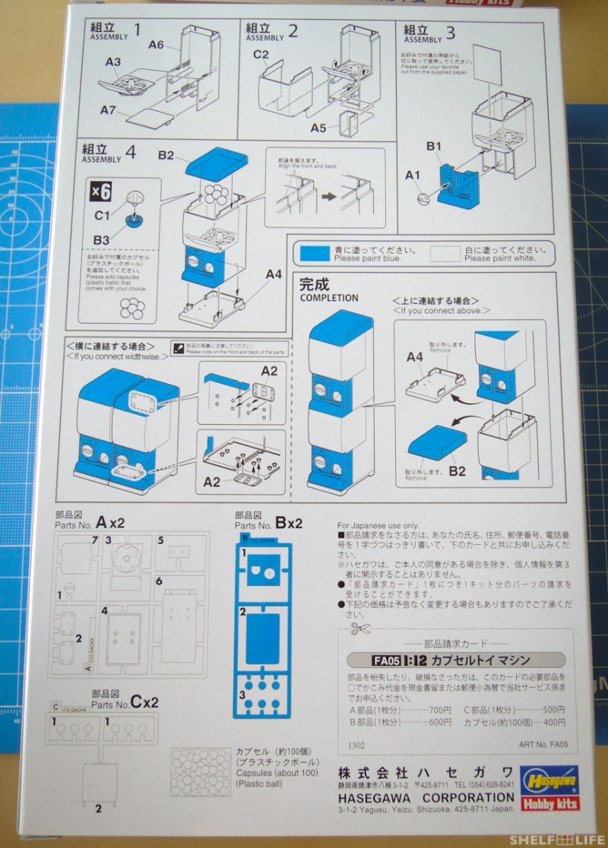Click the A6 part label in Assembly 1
[x=156, y=45]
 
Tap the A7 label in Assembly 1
[x=108, y=111]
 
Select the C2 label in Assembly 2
[x=261, y=54]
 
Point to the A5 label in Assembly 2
[x=320, y=128]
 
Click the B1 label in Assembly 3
[x=434, y=144]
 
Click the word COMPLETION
[x=329, y=298]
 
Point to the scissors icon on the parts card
[x=360, y=629]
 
